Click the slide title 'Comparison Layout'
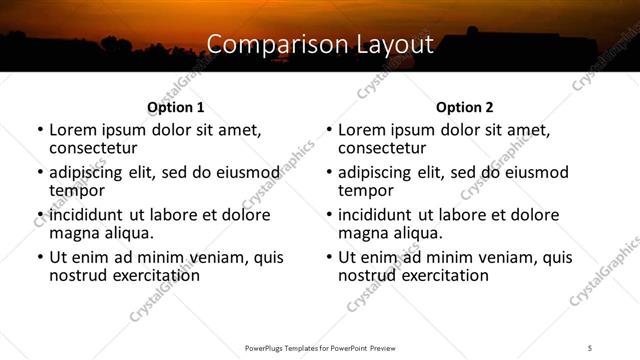pos(320,44)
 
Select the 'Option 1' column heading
pos(175,107)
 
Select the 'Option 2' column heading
pos(464,107)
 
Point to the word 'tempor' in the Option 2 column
pos(366,189)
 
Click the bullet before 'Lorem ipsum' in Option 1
pos(39,131)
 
